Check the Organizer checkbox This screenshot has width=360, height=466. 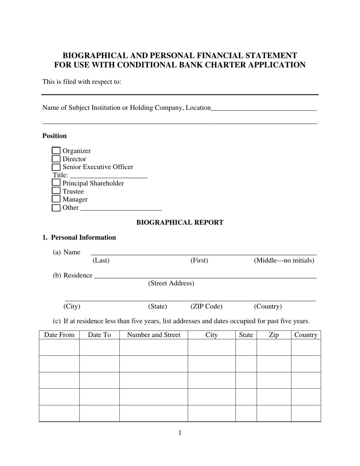(x=56, y=151)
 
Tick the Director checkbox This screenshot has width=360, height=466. (x=56, y=159)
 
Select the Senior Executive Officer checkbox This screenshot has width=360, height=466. (x=56, y=167)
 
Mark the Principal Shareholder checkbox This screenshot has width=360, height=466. (x=56, y=183)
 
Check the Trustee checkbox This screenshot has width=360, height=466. (x=56, y=191)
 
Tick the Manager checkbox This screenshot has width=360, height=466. (x=56, y=199)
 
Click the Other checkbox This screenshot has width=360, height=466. (x=56, y=208)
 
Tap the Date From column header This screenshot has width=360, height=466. (x=59, y=335)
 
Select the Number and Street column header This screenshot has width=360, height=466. (x=153, y=335)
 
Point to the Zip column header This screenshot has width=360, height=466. (x=274, y=335)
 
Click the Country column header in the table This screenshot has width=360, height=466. (x=305, y=335)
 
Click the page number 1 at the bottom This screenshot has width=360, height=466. (x=180, y=433)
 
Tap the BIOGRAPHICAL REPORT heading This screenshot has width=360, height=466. (x=180, y=223)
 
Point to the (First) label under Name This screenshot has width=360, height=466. (x=199, y=261)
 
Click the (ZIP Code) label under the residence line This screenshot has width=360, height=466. (x=207, y=306)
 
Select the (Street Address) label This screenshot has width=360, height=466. (x=171, y=283)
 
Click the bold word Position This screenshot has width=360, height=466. (x=55, y=136)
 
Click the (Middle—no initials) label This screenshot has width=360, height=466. (x=284, y=261)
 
